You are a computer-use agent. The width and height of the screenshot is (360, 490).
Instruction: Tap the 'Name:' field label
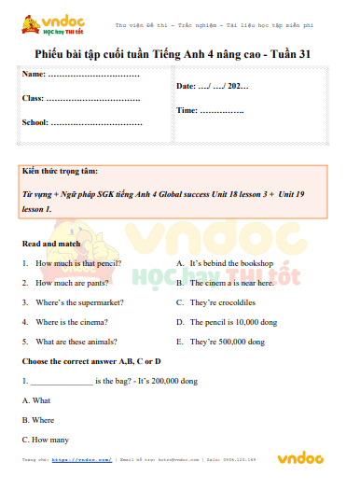(x=33, y=73)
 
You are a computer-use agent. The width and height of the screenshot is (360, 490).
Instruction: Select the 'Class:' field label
(x=33, y=97)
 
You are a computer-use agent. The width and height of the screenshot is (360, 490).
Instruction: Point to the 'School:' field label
(x=35, y=122)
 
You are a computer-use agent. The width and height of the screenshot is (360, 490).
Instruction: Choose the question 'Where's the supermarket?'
(x=79, y=302)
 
